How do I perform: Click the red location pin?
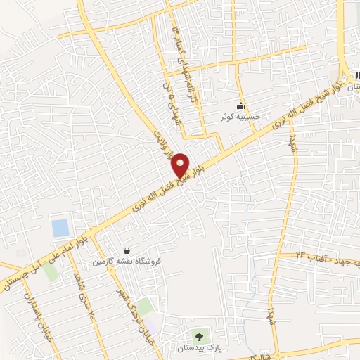point(180,165)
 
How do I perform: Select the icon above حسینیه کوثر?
point(241,105)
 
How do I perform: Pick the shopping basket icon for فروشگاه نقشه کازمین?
point(127,250)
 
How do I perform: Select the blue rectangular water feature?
point(60,228)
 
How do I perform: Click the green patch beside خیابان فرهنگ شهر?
point(144,307)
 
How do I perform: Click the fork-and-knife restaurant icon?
point(356,75)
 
